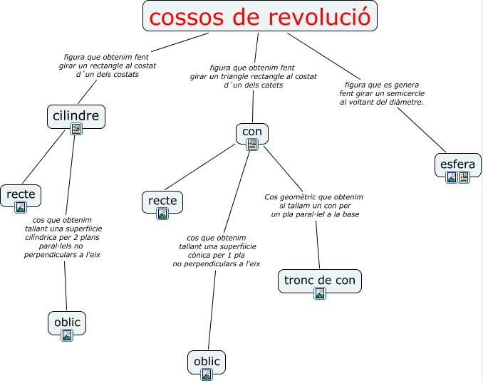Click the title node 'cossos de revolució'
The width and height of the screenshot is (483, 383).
pyautogui.click(x=260, y=16)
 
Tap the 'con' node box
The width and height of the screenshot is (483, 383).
pyautogui.click(x=252, y=132)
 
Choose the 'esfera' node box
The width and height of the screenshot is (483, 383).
pyautogui.click(x=457, y=164)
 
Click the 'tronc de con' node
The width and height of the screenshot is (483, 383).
pyautogui.click(x=319, y=280)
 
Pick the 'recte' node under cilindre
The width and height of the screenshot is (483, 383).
pyautogui.click(x=21, y=194)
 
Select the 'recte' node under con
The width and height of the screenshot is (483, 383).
pyautogui.click(x=162, y=201)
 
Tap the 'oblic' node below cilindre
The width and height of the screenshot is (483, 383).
pyautogui.click(x=67, y=322)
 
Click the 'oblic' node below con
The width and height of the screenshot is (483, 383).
pyautogui.click(x=207, y=361)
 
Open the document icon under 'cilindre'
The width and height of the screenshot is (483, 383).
pyautogui.click(x=76, y=129)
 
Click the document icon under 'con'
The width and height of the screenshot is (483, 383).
pyautogui.click(x=252, y=145)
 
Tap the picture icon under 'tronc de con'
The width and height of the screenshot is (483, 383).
pyautogui.click(x=320, y=293)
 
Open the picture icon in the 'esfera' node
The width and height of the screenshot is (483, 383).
pyautogui.click(x=452, y=177)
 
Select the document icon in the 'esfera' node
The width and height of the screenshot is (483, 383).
pyautogui.click(x=464, y=177)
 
